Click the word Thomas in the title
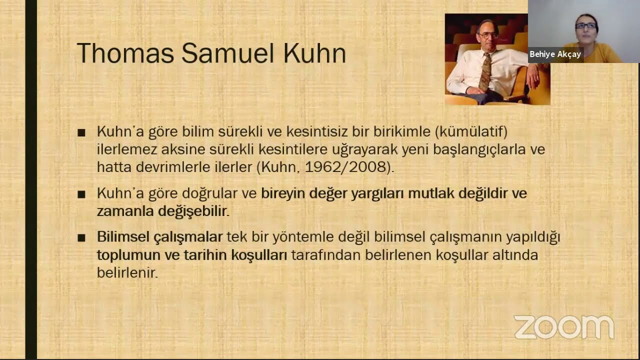pyautogui.click(x=125, y=53)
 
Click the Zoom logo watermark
pyautogui.click(x=564, y=327)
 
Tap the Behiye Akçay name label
pyautogui.click(x=555, y=54)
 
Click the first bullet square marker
pyautogui.click(x=81, y=133)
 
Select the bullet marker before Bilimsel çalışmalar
pyautogui.click(x=81, y=238)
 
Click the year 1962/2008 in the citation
pyautogui.click(x=345, y=167)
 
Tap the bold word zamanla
pyautogui.click(x=125, y=211)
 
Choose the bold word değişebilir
pyautogui.click(x=192, y=212)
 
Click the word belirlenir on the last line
pyautogui.click(x=127, y=272)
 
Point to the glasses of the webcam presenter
pyautogui.click(x=585, y=25)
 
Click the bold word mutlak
pyautogui.click(x=431, y=193)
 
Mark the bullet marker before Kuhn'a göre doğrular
pyautogui.click(x=81, y=195)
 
